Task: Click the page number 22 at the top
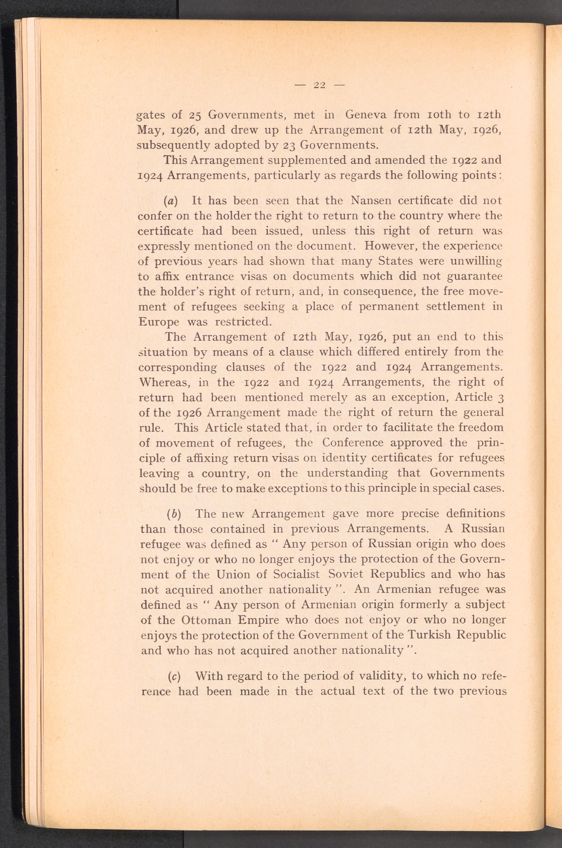319,85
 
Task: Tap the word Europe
158,322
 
